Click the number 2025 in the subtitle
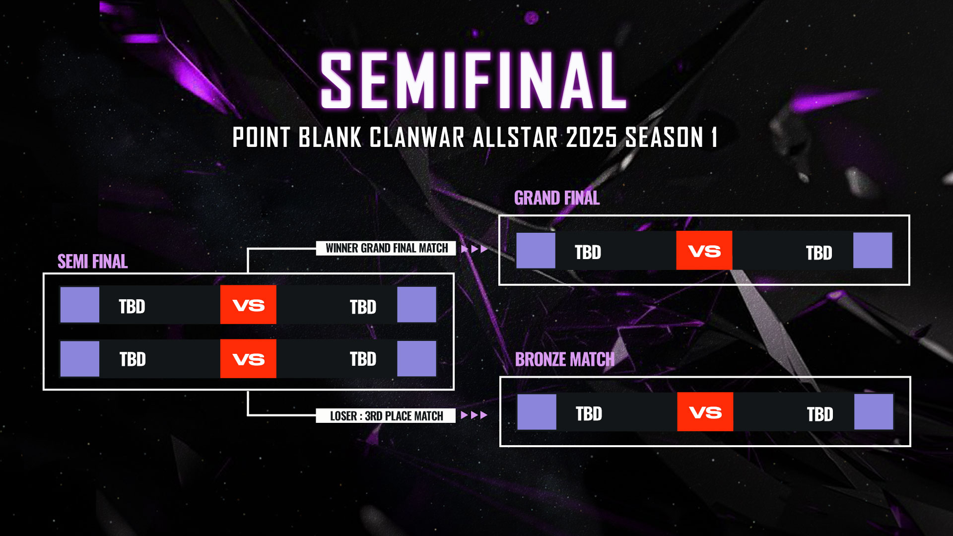591,137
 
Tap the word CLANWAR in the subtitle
417,137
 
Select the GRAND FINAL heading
557,198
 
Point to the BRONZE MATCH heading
565,359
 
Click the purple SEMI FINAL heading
93,262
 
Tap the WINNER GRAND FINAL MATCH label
386,248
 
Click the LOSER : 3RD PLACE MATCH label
386,416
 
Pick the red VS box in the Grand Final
704,251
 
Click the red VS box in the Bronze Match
705,412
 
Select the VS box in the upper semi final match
248,305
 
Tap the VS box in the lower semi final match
248,359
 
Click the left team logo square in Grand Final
536,251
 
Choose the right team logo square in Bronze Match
874,412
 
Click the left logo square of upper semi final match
80,305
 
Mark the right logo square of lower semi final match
416,359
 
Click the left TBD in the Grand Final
588,253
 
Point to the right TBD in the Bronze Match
820,414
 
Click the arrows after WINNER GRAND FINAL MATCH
475,249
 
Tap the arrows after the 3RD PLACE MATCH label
474,415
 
